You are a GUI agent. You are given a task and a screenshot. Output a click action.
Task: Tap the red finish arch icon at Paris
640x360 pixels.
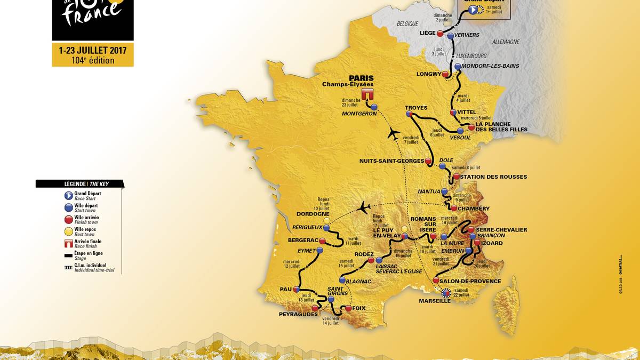[366, 94]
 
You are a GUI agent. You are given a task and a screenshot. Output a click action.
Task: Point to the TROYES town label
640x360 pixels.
[416, 107]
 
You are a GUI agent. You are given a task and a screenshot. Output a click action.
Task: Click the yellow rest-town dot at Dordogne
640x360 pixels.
[326, 220]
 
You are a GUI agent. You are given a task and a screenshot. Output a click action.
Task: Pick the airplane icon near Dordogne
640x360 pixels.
[365, 206]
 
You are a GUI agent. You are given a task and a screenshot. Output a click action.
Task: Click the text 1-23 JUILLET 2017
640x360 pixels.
[93, 51]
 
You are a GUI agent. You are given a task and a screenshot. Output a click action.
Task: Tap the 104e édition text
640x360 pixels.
[93, 60]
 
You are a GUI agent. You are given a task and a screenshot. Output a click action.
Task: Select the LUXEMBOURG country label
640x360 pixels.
[471, 55]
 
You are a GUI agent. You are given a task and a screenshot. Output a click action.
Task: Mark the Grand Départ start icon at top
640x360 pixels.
[473, 9]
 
